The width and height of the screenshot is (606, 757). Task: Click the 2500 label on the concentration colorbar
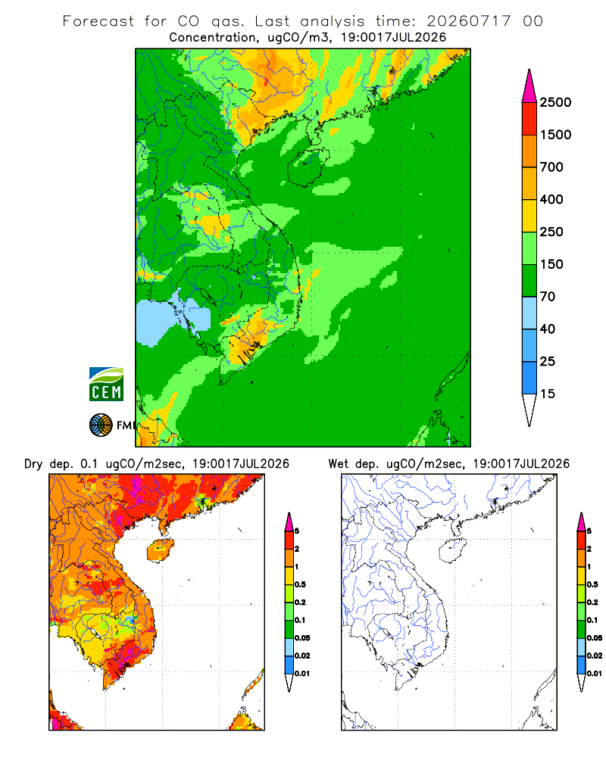coord(555,102)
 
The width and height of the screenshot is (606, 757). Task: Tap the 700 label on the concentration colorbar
coord(551,167)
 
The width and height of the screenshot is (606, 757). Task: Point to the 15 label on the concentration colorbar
coord(548,394)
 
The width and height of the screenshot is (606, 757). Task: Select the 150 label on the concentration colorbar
coord(551,264)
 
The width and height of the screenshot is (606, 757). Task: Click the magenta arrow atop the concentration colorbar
coord(529,87)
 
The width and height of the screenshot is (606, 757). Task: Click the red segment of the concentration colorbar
coord(529,119)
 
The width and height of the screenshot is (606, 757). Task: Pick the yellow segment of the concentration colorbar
coord(529,216)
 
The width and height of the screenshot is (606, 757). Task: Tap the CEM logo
coord(106,385)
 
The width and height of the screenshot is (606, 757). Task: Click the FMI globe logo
coord(101,425)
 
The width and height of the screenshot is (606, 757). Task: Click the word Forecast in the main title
coord(98,21)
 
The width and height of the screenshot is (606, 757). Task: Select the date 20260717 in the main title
coord(468,21)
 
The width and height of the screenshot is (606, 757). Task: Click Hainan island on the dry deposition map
coord(160,551)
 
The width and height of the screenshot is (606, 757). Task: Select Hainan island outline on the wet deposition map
coord(452,551)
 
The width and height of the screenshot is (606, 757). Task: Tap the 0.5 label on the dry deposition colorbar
coord(300,584)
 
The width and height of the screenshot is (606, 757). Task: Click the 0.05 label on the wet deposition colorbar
coord(595,638)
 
